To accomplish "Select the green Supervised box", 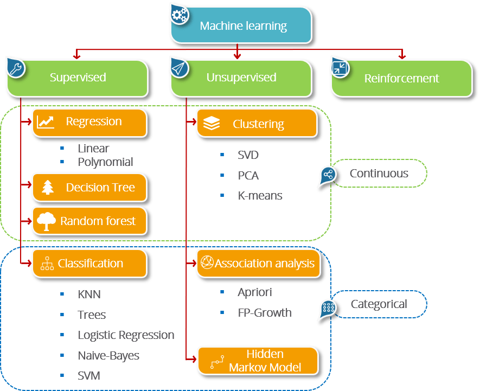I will pos(78,78).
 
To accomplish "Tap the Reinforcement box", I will pos(401,79).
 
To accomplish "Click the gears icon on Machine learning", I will pos(180,15).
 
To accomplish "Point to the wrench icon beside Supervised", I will pos(15,68).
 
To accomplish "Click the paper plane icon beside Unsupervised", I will pos(179,68).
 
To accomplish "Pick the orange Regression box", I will pos(89,122).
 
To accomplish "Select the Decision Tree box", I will pos(89,188).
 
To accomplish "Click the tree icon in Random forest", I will pos(46,221).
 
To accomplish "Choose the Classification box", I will pos(89,264).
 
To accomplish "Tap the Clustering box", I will pos(256,124).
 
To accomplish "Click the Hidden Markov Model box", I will pos(257,361).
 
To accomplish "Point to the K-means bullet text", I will pos(260,196).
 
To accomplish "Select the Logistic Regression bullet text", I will pos(126,335).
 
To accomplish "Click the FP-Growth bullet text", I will pos(264,313).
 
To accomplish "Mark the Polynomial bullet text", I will pos(105,162).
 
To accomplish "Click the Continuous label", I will pos(379,174).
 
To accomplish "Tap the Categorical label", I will pos(379,304).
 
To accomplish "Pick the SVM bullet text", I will pos(89,375).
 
